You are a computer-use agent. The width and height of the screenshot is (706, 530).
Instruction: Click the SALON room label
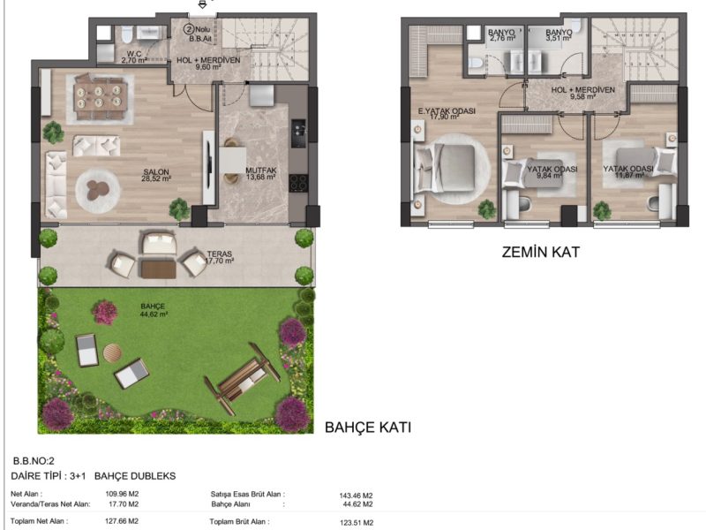pyautogui.click(x=156, y=171)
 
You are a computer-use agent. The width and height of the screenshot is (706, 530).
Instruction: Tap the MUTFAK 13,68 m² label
pyautogui.click(x=260, y=173)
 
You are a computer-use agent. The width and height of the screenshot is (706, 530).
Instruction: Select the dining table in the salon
pyautogui.click(x=100, y=98)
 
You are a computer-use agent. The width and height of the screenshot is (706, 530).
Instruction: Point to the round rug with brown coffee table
pyautogui.click(x=98, y=191)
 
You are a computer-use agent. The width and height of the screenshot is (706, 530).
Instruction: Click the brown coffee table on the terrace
pyautogui.click(x=159, y=269)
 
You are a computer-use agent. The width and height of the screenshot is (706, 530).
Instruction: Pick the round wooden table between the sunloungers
pyautogui.click(x=112, y=352)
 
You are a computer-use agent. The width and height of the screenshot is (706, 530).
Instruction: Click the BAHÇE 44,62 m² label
pyautogui.click(x=154, y=310)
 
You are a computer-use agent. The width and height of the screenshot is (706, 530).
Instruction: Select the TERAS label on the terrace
pyautogui.click(x=219, y=254)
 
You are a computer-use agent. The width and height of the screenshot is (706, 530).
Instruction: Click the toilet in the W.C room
pyautogui.click(x=125, y=33)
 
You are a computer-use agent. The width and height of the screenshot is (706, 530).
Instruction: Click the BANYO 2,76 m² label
pyautogui.click(x=502, y=35)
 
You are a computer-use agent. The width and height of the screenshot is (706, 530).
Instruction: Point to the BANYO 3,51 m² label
pyautogui.click(x=559, y=35)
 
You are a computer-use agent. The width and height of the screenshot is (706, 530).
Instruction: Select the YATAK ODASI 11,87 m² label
pyautogui.click(x=628, y=171)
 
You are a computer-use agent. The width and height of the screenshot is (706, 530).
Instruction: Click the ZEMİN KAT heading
pyautogui.click(x=541, y=252)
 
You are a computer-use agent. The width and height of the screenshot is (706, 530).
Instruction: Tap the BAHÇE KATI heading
pyautogui.click(x=368, y=428)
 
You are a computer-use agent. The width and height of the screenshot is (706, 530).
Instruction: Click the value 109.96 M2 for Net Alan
pyautogui.click(x=122, y=494)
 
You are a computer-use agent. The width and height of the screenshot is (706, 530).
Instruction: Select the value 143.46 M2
pyautogui.click(x=356, y=496)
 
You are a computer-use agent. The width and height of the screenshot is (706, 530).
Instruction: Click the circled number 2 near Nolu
pyautogui.click(x=188, y=30)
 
